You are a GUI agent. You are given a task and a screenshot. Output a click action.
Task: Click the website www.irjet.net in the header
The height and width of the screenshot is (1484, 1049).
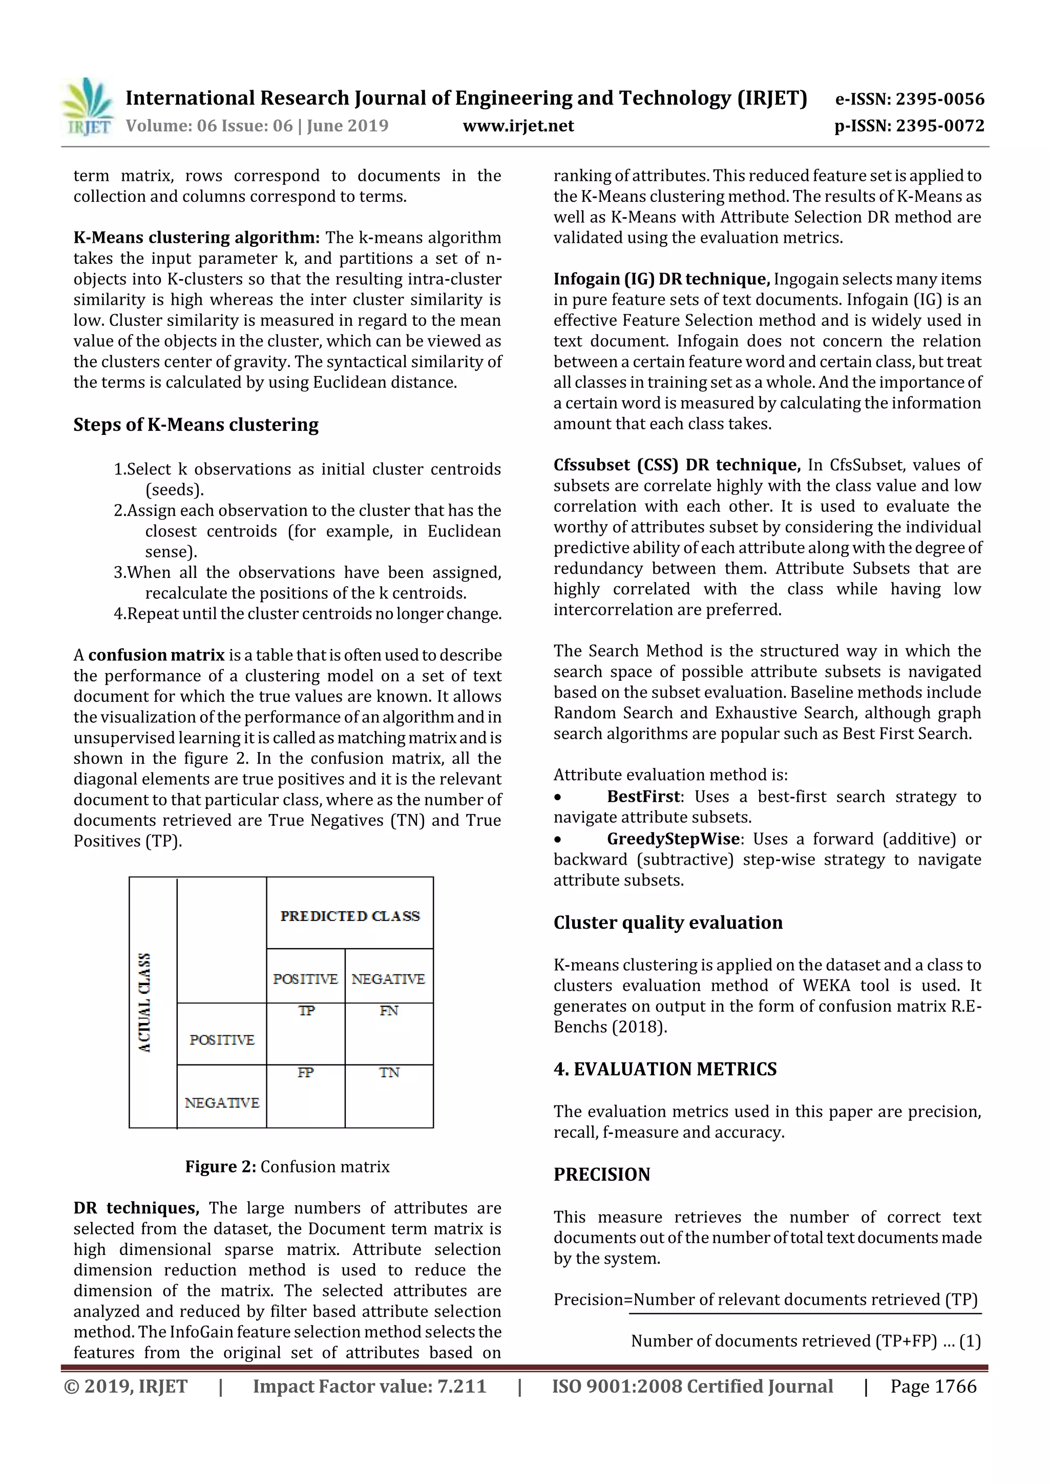(x=518, y=126)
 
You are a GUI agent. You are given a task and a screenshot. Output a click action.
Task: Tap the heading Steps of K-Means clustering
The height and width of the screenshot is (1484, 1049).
(x=196, y=425)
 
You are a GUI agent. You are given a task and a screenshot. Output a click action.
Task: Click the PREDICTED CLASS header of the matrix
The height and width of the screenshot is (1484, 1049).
(x=350, y=916)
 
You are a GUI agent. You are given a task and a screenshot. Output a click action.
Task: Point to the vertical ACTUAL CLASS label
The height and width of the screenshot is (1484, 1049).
(x=145, y=1002)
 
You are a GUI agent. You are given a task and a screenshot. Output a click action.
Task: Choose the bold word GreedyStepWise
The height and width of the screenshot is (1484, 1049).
(x=673, y=839)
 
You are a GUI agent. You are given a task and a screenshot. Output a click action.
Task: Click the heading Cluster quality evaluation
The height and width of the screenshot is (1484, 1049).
(x=668, y=923)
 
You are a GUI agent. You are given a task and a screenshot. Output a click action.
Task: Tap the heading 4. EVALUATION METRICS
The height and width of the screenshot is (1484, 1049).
(x=665, y=1069)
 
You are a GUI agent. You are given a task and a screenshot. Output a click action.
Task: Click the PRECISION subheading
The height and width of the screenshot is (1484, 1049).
(x=602, y=1175)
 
